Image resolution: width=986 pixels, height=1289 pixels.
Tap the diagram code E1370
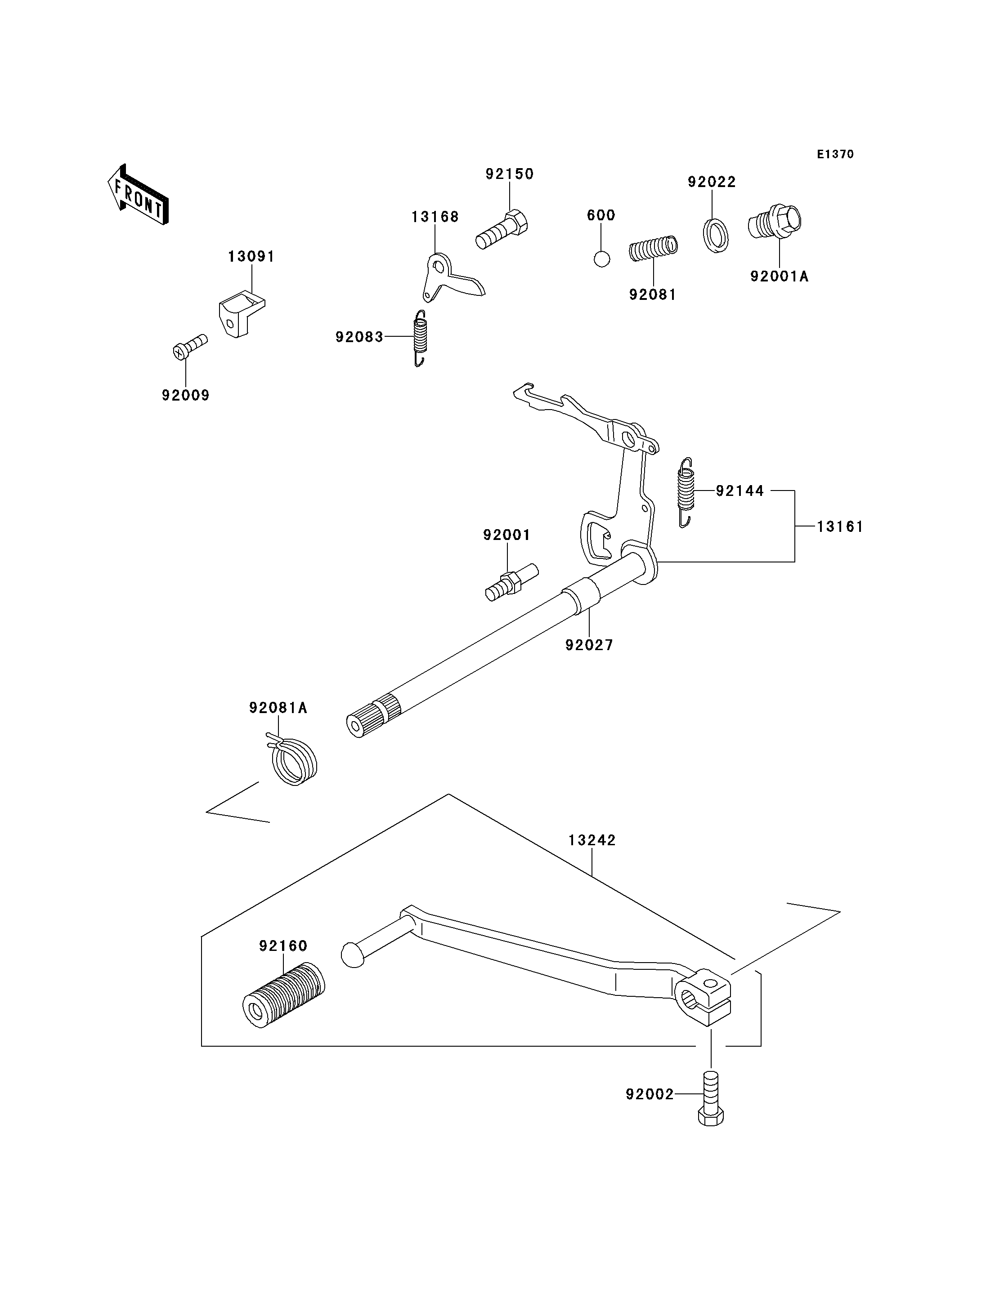point(835,154)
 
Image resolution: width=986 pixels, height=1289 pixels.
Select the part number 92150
point(510,174)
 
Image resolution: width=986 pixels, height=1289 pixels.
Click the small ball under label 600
point(601,259)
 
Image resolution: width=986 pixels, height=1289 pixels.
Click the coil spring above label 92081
point(653,248)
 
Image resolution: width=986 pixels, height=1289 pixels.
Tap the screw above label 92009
point(189,347)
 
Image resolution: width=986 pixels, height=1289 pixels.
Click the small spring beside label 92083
point(420,338)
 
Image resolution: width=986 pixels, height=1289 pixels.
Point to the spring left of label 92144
point(686,492)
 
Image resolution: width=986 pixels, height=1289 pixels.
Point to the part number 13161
point(840,527)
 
